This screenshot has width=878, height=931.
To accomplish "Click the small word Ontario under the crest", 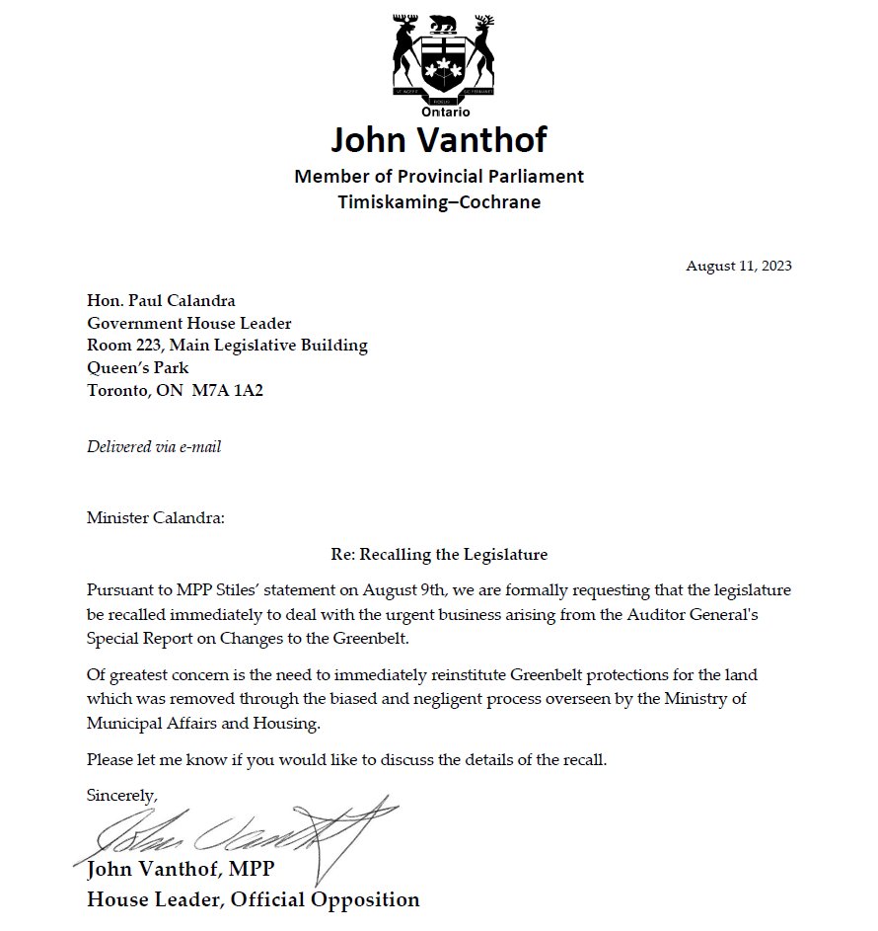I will tap(439, 113).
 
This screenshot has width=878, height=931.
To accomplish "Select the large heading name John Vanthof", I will tap(439, 140).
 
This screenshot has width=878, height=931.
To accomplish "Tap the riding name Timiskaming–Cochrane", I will tap(439, 202).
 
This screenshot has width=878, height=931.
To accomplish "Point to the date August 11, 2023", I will tap(739, 266).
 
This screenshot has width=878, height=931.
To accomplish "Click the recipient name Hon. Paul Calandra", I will tap(161, 301).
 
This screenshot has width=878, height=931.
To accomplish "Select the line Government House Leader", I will tap(189, 323).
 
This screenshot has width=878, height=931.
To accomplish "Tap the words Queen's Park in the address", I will tap(137, 367).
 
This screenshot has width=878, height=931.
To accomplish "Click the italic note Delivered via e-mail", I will tap(154, 447).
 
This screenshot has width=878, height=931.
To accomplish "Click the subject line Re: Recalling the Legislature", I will tap(439, 554).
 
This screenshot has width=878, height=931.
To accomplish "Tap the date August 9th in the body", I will tap(377, 589).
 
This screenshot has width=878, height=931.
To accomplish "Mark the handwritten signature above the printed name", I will tap(227, 834).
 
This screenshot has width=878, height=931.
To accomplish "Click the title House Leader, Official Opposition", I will tap(254, 899).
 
